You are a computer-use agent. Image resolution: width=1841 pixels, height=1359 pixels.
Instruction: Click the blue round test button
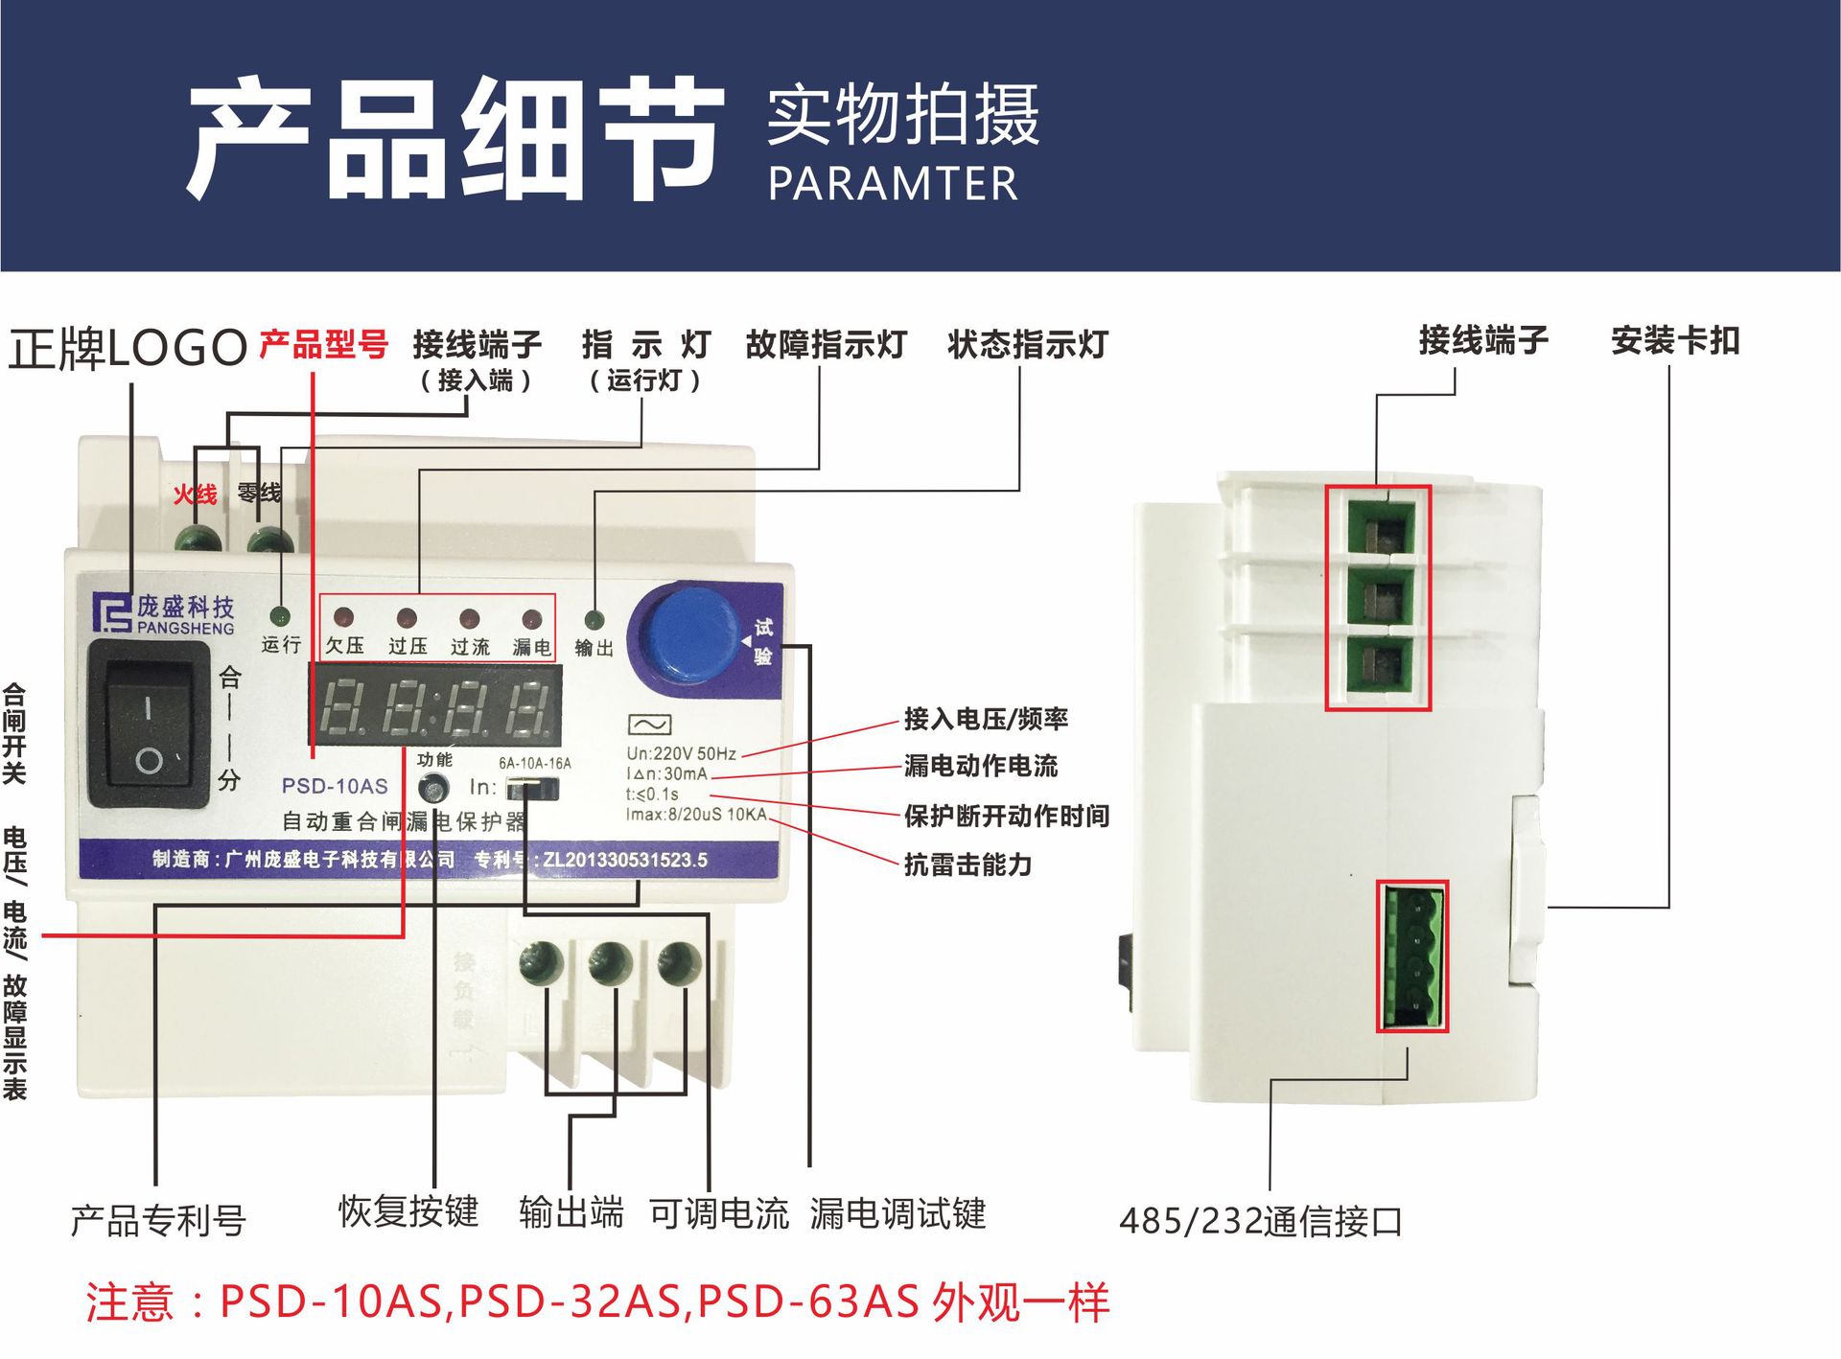689,634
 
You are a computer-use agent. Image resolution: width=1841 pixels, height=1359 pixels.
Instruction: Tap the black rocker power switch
149,724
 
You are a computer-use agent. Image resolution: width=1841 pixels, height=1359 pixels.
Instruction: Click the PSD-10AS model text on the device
335,786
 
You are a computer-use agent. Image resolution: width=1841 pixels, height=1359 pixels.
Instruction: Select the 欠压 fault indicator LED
343,618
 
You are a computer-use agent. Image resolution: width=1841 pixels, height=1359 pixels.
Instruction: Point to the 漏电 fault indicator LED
531,619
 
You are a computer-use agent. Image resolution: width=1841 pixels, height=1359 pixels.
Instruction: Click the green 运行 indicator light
280,616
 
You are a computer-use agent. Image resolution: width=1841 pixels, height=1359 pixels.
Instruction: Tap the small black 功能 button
434,789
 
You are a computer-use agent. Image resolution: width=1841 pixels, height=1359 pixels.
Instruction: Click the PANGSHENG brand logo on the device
163,614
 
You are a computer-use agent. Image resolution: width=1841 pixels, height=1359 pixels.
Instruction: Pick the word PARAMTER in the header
893,184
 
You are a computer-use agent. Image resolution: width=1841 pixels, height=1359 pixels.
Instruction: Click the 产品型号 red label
323,344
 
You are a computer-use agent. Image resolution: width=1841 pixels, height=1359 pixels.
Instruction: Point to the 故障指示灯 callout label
826,344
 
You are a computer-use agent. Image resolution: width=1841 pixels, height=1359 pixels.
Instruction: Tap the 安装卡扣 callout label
1674,340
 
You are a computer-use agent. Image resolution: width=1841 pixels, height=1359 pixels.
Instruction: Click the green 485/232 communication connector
1412,956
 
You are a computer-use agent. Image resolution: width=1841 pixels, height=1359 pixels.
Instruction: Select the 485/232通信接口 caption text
1261,1221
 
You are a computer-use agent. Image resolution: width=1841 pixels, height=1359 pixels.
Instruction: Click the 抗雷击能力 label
967,864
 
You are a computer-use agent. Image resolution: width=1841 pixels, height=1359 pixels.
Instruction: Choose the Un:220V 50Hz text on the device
681,753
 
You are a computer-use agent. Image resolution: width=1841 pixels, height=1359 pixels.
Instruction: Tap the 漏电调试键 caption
897,1213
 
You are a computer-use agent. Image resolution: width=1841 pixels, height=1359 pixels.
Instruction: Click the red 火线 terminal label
195,495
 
